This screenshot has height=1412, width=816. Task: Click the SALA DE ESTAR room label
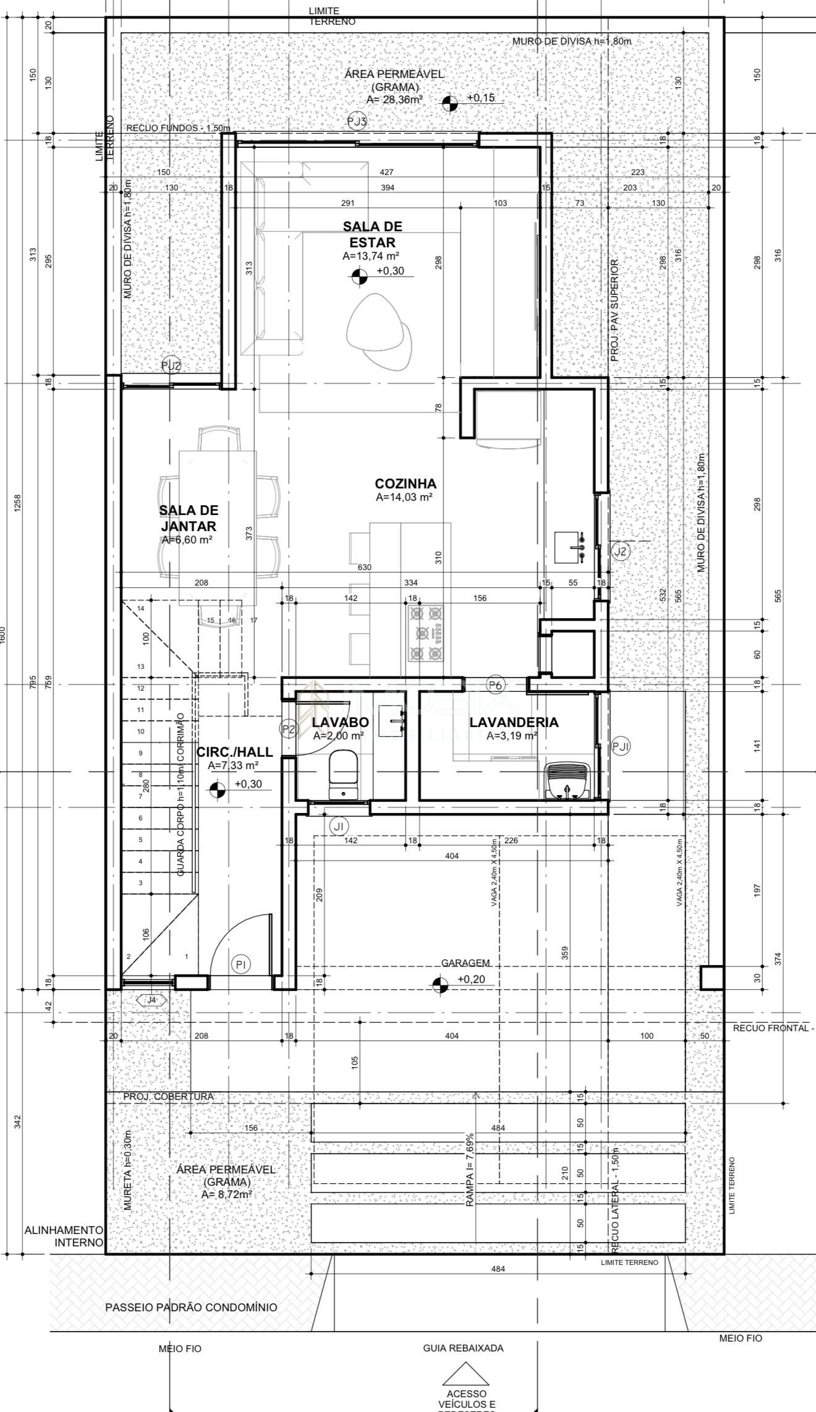(x=369, y=234)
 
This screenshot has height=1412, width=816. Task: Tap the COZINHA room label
(x=406, y=483)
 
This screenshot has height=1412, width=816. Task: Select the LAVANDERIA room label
(x=513, y=722)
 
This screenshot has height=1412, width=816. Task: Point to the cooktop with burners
(x=426, y=633)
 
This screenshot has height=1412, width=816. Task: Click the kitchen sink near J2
(x=569, y=547)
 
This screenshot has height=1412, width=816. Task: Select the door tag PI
(x=240, y=964)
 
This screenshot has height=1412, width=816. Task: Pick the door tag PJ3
(x=357, y=121)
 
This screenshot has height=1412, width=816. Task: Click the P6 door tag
(x=496, y=684)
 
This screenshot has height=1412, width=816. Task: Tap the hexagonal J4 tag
(x=151, y=1000)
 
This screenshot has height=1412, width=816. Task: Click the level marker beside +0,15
(x=451, y=103)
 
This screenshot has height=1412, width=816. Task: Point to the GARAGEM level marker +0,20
(x=440, y=985)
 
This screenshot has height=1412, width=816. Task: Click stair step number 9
(x=141, y=753)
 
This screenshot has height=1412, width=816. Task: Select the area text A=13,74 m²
(x=370, y=255)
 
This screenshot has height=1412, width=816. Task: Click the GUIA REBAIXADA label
(x=463, y=1348)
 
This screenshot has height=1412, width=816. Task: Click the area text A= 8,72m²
(x=226, y=1195)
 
